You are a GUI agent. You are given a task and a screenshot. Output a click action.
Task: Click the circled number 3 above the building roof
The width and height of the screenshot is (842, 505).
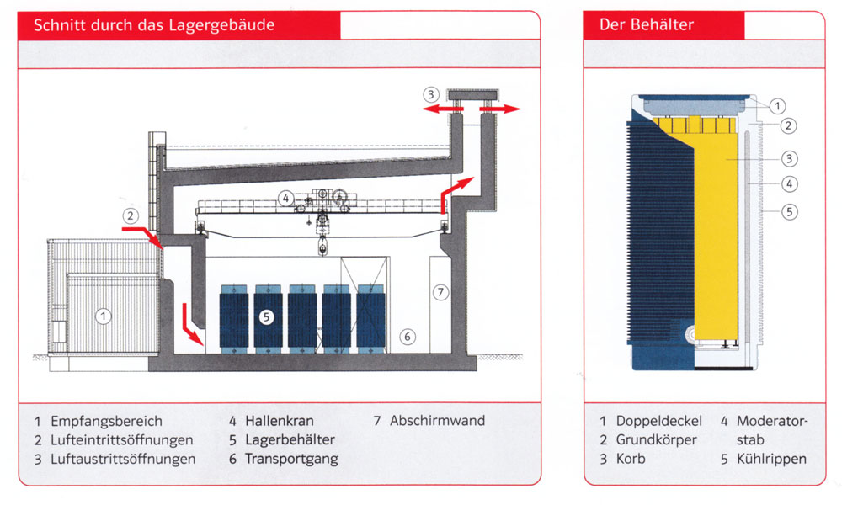tap(430, 95)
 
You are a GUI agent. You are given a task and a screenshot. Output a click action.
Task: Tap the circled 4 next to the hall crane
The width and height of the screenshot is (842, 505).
tap(285, 199)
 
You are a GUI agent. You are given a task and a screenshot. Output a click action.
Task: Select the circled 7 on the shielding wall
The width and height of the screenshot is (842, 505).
tap(441, 292)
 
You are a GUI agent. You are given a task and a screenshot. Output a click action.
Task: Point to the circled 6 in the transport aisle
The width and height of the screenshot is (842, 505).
tap(408, 337)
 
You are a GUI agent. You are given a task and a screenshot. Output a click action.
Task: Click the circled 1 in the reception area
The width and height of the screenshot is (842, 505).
tap(103, 316)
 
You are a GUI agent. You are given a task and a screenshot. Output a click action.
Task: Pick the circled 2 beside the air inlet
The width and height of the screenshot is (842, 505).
tap(131, 216)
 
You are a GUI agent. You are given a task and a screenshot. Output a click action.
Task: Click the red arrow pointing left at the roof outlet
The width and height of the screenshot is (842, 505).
tap(443, 109)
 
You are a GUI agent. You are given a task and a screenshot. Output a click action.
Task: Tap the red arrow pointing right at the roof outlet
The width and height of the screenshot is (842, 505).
tap(500, 109)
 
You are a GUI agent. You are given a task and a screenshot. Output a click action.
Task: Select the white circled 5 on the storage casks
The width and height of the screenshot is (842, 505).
tap(266, 317)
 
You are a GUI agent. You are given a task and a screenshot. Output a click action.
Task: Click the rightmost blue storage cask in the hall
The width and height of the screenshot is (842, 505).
tap(371, 319)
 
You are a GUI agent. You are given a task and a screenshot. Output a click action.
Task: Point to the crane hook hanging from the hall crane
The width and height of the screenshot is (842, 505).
tap(322, 247)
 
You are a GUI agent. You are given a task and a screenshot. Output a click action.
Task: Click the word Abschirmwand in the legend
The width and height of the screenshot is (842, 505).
tap(437, 421)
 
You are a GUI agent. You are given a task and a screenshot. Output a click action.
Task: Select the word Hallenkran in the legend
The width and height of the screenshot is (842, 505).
tap(280, 421)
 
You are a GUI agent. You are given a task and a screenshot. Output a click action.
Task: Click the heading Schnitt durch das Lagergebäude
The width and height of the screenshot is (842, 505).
tap(154, 25)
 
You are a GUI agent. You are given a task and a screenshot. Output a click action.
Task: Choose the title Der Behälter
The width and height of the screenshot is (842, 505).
tap(647, 24)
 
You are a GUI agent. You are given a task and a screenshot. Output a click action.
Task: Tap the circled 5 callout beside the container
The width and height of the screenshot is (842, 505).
tap(789, 211)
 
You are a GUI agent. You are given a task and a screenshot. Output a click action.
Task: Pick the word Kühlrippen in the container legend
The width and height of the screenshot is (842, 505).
tap(771, 460)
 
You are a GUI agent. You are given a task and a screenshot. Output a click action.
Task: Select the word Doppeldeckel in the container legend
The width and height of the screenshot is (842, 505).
tap(659, 421)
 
